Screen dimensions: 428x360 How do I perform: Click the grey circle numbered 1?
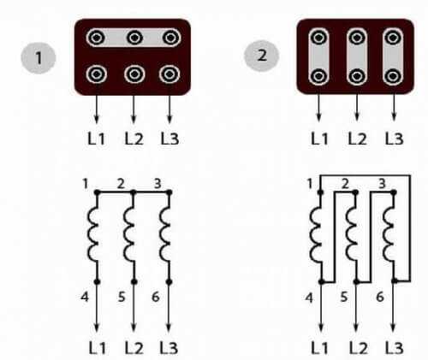click(39, 58)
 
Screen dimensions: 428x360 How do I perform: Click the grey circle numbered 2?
click(261, 56)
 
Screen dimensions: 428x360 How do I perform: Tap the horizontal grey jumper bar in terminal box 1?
click(134, 38)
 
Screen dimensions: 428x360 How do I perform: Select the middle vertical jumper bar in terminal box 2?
click(357, 56)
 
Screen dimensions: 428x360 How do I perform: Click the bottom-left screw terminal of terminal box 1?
click(97, 74)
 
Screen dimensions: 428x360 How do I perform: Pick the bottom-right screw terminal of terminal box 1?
click(169, 74)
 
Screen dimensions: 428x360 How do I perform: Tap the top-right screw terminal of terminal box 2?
click(393, 38)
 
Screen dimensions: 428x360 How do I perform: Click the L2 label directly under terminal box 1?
click(134, 139)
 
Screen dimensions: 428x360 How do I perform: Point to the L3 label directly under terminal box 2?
click(394, 139)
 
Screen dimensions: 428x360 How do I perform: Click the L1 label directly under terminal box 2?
click(319, 139)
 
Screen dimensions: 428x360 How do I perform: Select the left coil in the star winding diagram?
click(93, 234)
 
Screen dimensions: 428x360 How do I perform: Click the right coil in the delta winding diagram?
click(389, 235)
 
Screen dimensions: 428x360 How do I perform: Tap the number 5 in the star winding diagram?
click(122, 297)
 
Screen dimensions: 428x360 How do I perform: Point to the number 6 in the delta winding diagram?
click(380, 297)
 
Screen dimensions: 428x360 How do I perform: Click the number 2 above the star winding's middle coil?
click(121, 184)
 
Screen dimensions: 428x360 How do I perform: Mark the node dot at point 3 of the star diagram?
click(169, 192)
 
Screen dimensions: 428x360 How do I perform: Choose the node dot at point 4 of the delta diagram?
click(322, 281)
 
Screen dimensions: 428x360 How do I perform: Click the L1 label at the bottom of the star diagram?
click(98, 348)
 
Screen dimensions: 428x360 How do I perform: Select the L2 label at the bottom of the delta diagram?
click(359, 348)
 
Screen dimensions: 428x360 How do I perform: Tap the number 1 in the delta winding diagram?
click(310, 184)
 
